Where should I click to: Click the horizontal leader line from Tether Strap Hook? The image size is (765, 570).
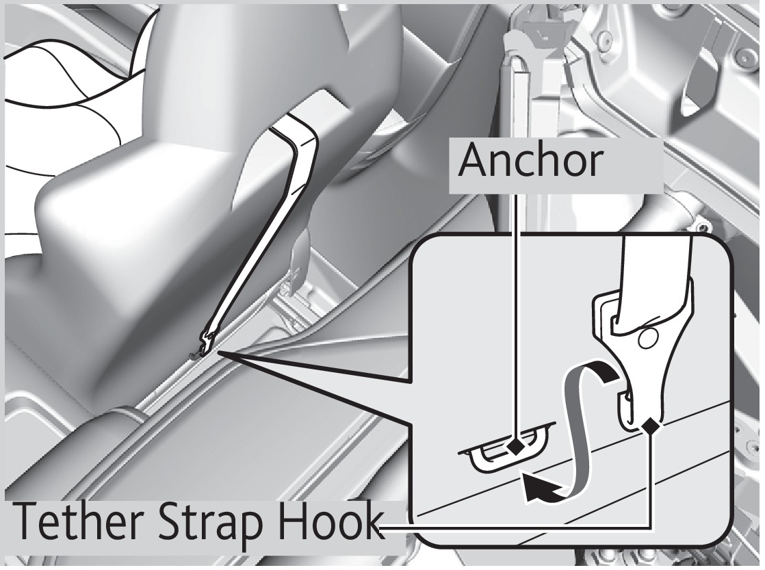point(515,527)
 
